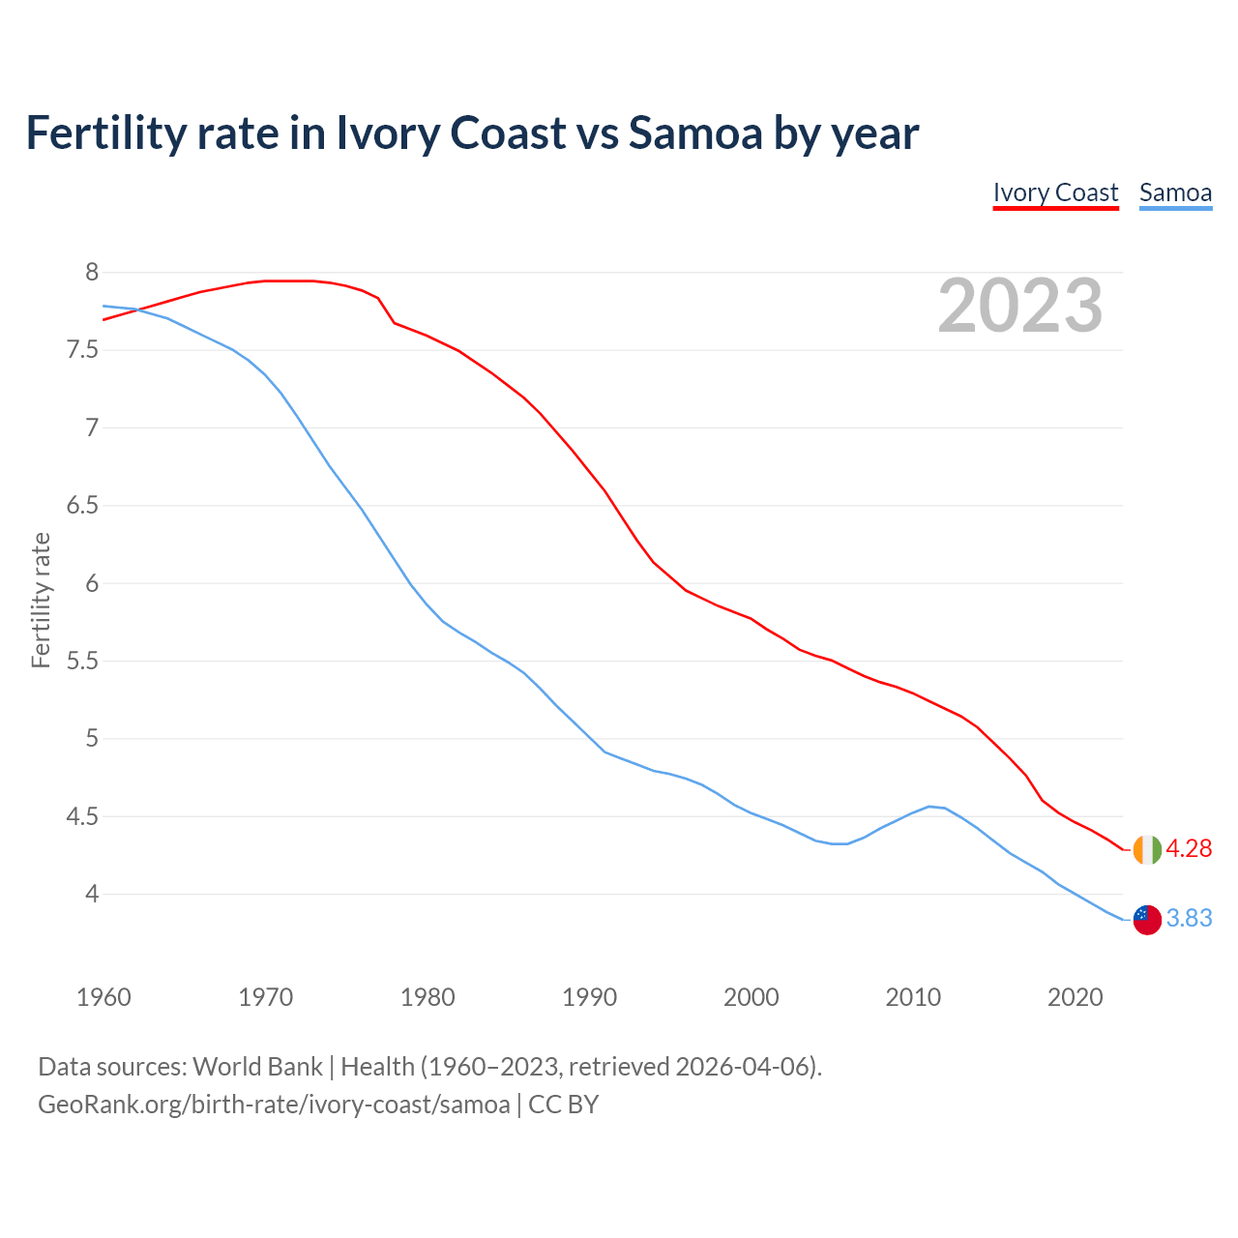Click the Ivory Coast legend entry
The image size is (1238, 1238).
point(1055,192)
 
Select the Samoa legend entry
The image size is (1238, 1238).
point(1175,192)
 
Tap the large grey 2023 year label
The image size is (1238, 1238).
point(1020,306)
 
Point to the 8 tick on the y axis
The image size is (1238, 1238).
point(92,273)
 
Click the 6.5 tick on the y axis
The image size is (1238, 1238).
point(82,506)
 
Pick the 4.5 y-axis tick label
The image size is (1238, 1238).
point(82,817)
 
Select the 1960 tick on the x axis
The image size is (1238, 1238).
point(103,997)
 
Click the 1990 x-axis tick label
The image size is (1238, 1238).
point(589,997)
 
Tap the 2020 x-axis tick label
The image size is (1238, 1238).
point(1075,997)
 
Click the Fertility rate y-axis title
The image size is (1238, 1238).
point(41,600)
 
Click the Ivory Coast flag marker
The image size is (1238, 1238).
point(1147,849)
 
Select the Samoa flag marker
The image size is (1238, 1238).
point(1147,920)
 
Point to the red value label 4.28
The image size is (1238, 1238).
point(1189,849)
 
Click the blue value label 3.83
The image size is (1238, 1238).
point(1189,919)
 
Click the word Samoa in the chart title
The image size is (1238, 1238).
point(695,133)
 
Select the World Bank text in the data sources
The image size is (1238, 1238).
point(257,1067)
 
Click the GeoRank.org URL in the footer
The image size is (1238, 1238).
point(274,1105)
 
